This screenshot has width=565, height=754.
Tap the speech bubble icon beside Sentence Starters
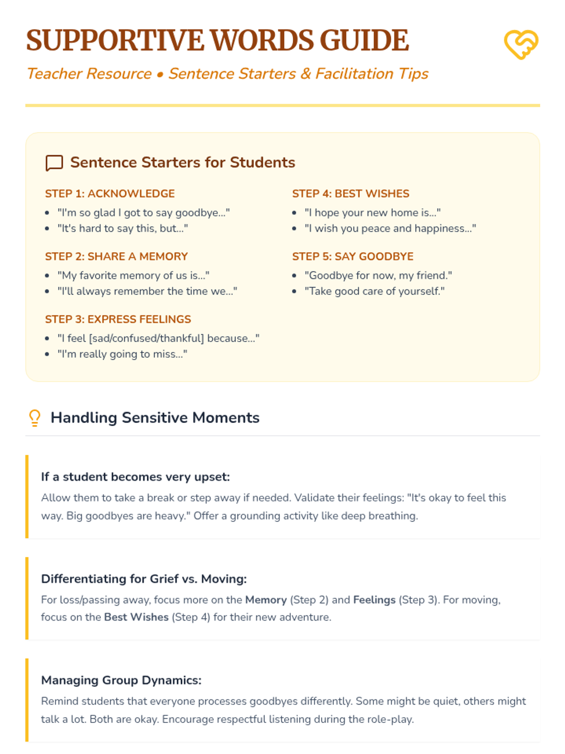pos(54,163)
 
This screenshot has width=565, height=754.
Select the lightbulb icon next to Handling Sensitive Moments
pos(35,418)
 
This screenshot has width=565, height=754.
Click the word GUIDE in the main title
pos(364,41)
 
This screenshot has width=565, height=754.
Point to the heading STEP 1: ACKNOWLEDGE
pos(110,194)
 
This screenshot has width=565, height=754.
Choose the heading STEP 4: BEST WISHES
pos(350,194)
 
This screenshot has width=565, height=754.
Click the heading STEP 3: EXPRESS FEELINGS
pos(118,320)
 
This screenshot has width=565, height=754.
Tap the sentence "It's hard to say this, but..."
pos(122,229)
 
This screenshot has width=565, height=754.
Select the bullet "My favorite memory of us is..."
pos(133,276)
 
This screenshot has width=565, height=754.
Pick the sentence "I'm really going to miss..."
pos(122,354)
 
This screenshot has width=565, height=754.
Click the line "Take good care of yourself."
pos(374,291)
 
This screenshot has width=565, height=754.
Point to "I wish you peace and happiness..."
pos(390,229)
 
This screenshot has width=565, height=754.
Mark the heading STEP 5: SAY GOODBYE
pos(353,256)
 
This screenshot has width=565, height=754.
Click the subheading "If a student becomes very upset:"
pos(135,477)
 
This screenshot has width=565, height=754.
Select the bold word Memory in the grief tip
pos(266,600)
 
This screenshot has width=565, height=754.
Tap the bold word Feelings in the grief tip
pos(374,600)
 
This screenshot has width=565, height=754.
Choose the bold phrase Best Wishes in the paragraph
pos(136,617)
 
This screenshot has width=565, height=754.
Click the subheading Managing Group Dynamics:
pos(121,680)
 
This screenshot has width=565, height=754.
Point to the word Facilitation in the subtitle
pos(354,74)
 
